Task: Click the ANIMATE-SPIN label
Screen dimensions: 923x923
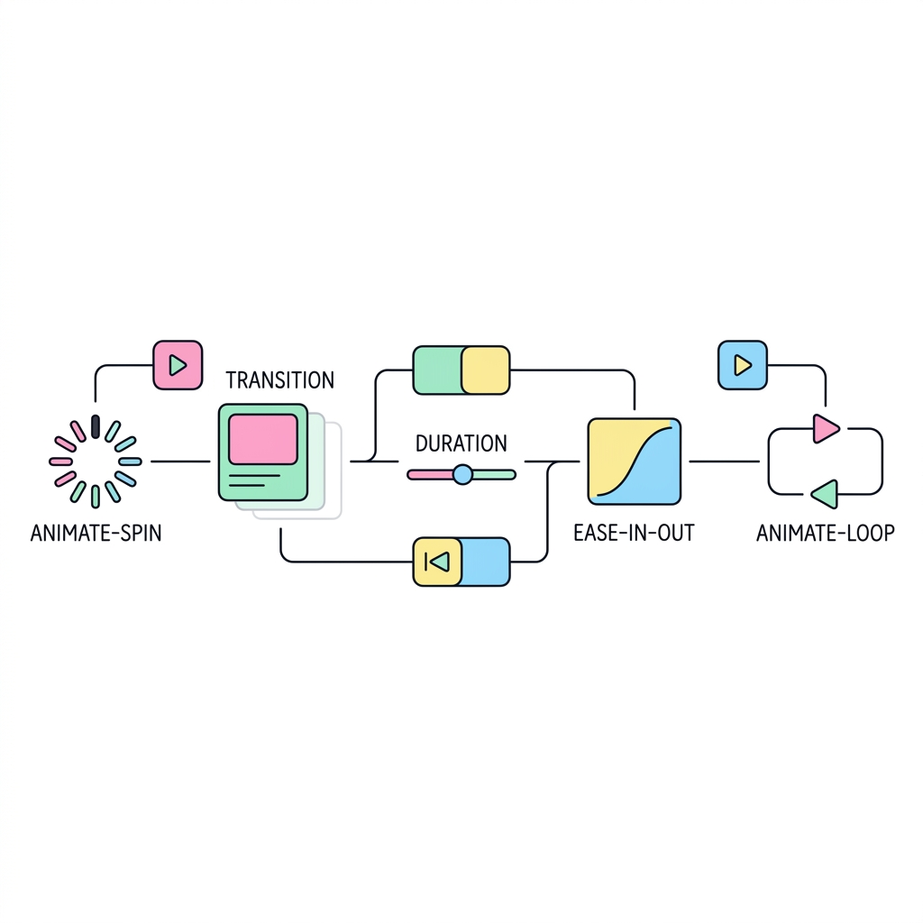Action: (96, 534)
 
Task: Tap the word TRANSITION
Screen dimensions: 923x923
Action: (280, 380)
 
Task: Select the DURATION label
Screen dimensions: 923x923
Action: (461, 443)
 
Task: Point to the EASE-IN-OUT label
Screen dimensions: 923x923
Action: (634, 534)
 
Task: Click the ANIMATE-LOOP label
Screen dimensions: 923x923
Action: (826, 534)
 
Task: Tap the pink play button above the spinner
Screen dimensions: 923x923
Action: (178, 365)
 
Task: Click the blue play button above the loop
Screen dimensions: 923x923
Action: (743, 365)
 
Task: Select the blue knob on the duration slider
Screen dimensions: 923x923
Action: (462, 474)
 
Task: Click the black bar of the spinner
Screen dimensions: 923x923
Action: (96, 426)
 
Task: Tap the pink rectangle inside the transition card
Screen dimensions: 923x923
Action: (263, 439)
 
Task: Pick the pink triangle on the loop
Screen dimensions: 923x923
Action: (826, 428)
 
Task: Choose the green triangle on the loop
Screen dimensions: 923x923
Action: (825, 494)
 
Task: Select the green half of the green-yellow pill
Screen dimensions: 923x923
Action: (437, 370)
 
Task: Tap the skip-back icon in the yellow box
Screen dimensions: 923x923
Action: (437, 562)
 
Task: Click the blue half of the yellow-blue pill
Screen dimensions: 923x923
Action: (485, 562)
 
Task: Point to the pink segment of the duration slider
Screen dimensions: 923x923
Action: (430, 474)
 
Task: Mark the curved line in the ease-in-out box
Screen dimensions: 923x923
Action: (635, 462)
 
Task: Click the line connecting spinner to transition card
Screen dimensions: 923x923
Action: (180, 461)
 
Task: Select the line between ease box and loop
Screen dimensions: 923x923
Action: (725, 461)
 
